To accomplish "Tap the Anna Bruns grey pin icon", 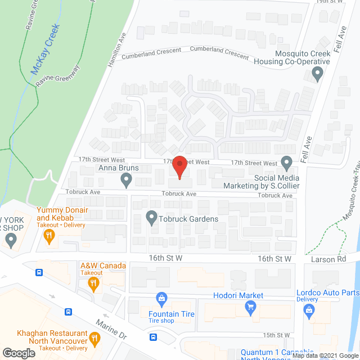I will point(126,179).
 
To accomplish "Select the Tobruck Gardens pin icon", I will point(151,217).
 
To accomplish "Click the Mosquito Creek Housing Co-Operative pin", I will point(318,71).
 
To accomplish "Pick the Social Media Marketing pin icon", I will point(287,163).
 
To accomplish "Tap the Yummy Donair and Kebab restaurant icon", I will point(50,236).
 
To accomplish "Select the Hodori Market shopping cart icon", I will point(250,307).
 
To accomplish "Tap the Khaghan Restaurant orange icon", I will point(94,339).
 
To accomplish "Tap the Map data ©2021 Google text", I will point(323,355).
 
